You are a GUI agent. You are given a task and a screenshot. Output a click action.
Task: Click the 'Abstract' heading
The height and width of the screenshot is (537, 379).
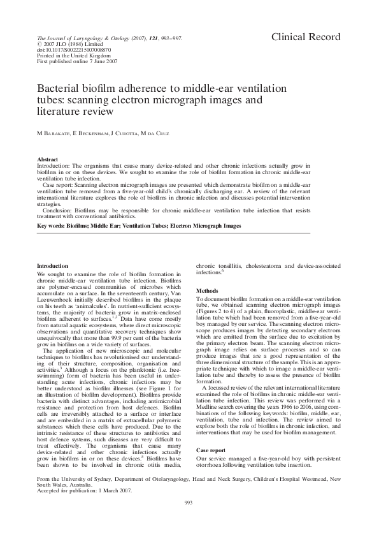(x=48, y=159)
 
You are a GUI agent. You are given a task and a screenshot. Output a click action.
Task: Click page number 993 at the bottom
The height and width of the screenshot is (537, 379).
(x=189, y=504)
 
